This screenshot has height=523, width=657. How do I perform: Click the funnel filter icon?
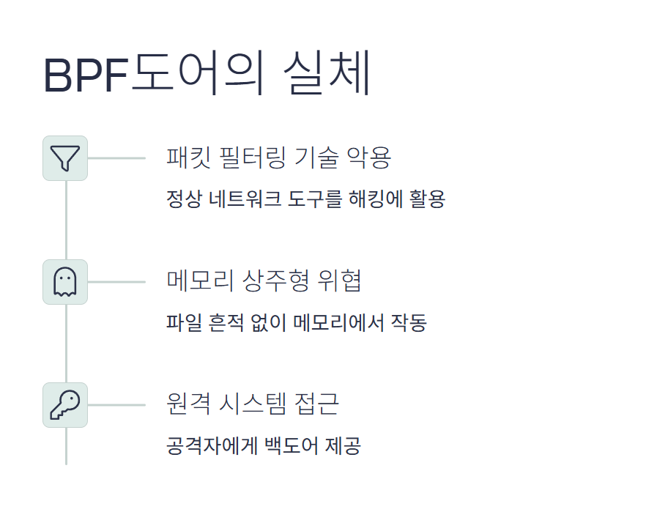pyautogui.click(x=65, y=157)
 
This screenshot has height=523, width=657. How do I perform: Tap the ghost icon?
pyautogui.click(x=65, y=281)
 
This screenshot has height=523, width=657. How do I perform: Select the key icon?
pyautogui.click(x=65, y=404)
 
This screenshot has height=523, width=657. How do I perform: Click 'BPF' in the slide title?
pyautogui.click(x=86, y=75)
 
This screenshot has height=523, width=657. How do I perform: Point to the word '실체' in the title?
pyautogui.click(x=327, y=74)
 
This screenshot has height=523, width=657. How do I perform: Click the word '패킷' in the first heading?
pyautogui.click(x=187, y=157)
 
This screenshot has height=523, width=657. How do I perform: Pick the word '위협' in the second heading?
pyautogui.click(x=340, y=281)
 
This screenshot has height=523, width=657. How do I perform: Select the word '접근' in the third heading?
pyautogui.click(x=318, y=404)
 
